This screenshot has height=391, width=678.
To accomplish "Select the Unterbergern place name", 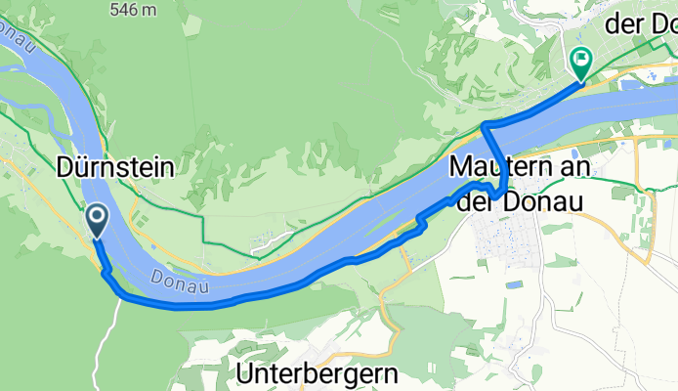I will [x=318, y=372].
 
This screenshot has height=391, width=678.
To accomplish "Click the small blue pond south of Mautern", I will [x=514, y=283].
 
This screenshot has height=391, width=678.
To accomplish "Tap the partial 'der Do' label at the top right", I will [x=640, y=25].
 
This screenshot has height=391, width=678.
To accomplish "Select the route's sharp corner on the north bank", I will [x=486, y=126].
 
